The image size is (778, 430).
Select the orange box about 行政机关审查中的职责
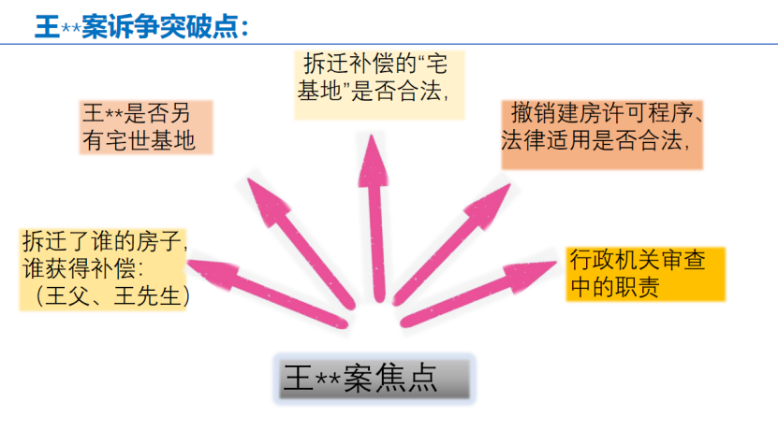tap(647, 272)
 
